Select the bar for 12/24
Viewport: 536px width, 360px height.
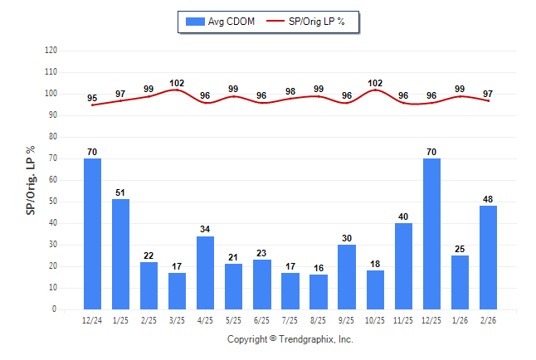92,234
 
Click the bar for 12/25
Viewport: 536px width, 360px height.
431,234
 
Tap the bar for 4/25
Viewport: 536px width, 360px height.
205,273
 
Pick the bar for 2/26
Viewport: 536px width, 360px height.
488,258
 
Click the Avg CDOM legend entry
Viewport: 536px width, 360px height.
222,21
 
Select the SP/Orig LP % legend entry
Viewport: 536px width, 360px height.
314,21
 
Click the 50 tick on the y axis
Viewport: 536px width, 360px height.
53,202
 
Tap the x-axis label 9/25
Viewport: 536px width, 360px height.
347,320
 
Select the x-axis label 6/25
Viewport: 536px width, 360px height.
261,320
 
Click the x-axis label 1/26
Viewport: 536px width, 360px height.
460,320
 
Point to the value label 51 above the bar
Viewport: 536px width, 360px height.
120,192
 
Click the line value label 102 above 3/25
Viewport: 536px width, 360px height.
177,83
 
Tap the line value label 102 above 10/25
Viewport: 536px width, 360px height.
375,83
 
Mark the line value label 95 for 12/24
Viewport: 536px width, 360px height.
92,98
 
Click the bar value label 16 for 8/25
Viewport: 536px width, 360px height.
319,268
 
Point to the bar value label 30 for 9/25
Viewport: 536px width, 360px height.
347,238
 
